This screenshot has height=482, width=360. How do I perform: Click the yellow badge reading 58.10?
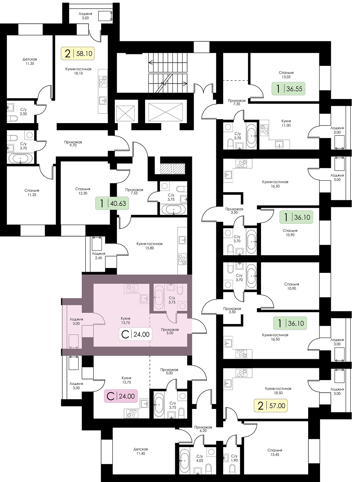(x=78, y=53)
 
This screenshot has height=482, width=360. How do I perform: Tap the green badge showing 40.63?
(x=112, y=203)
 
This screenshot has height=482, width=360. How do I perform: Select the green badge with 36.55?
(x=288, y=89)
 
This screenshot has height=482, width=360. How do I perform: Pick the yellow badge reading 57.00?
(x=271, y=406)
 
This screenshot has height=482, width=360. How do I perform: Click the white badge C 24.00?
(x=135, y=334)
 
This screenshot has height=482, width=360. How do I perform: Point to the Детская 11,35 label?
(x=30, y=61)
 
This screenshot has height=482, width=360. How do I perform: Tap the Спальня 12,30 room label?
(x=83, y=191)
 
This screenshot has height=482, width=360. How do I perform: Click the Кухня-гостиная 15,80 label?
(x=149, y=246)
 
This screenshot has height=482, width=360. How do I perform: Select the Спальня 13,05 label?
(x=286, y=75)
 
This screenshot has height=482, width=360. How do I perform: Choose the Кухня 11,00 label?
(x=286, y=123)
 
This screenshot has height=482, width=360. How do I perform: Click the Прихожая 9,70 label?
(x=73, y=144)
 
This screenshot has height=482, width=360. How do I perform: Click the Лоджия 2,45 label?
(x=99, y=256)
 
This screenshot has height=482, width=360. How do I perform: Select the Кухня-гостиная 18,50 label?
(x=278, y=391)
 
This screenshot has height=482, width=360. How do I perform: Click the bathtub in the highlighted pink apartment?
(x=158, y=297)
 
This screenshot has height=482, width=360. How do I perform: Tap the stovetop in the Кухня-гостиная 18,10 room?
(x=103, y=81)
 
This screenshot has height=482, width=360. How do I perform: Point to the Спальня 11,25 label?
(x=32, y=193)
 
